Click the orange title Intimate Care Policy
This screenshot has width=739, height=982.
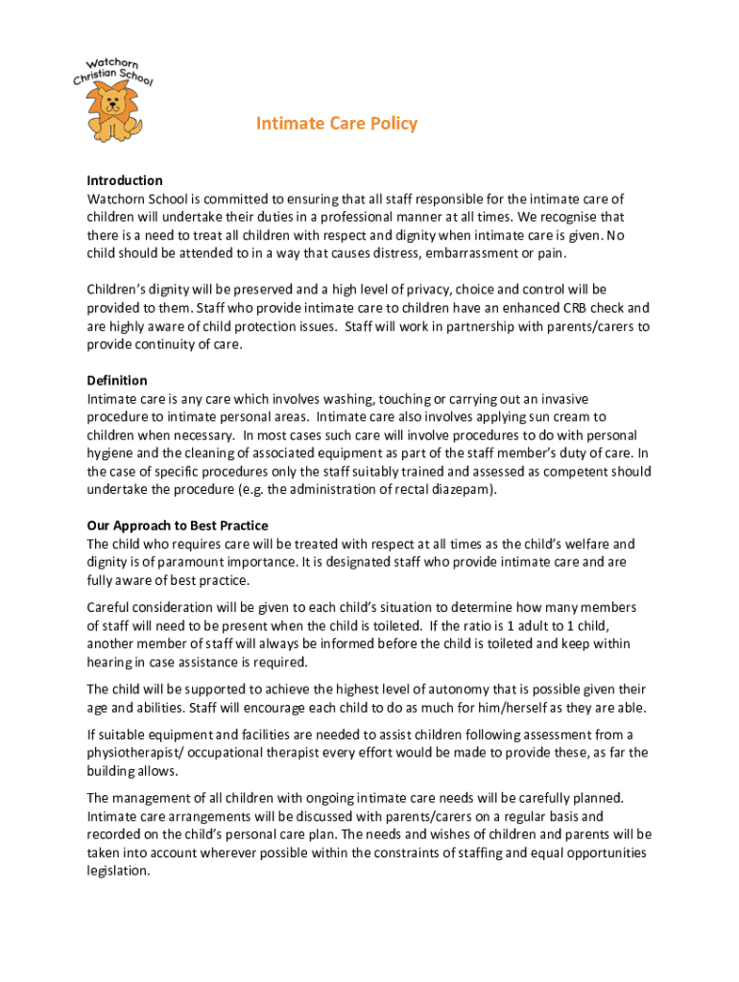(x=336, y=124)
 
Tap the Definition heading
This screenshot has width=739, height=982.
(x=117, y=381)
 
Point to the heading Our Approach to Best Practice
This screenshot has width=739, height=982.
(x=178, y=526)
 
